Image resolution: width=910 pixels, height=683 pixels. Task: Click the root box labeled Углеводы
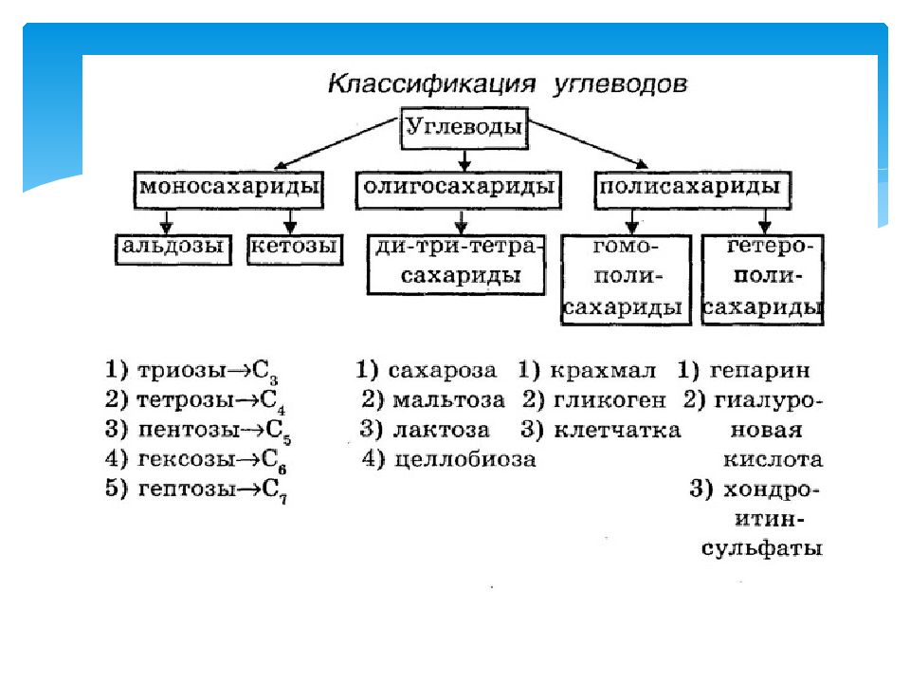(464, 128)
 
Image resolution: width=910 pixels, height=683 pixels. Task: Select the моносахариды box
(228, 190)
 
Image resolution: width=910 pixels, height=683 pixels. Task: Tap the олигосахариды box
(459, 190)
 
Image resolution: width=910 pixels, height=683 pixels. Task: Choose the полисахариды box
(693, 190)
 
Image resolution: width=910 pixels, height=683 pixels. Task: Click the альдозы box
(173, 249)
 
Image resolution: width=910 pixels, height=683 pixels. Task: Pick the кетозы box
(295, 249)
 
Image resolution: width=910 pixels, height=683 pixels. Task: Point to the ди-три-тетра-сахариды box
(456, 265)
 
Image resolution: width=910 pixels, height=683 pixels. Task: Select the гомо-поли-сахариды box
(627, 279)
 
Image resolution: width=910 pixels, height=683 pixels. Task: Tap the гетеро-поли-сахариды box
(763, 279)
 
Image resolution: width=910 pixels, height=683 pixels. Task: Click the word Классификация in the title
(431, 83)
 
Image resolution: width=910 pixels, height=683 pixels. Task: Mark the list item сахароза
(443, 371)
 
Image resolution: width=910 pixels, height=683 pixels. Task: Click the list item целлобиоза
(464, 459)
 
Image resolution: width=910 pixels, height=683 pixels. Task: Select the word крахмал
(603, 371)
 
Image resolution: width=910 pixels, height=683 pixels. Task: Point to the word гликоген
(610, 399)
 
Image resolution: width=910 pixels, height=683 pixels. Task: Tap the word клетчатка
(617, 430)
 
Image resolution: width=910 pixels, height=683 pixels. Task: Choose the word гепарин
(759, 371)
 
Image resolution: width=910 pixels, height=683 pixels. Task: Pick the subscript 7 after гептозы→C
(283, 498)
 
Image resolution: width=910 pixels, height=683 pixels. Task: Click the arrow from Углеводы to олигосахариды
(464, 160)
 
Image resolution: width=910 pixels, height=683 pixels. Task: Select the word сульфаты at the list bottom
(762, 548)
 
